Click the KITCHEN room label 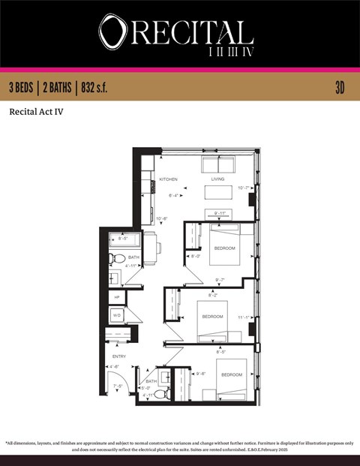coord(167,179)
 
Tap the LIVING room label coord(217,179)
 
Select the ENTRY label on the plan coord(119,356)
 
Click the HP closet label coord(117,298)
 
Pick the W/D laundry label coord(117,316)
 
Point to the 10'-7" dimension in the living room coord(244,188)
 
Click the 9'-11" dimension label coord(220,213)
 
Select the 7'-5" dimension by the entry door coord(118,386)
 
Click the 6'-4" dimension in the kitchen coord(173,195)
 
